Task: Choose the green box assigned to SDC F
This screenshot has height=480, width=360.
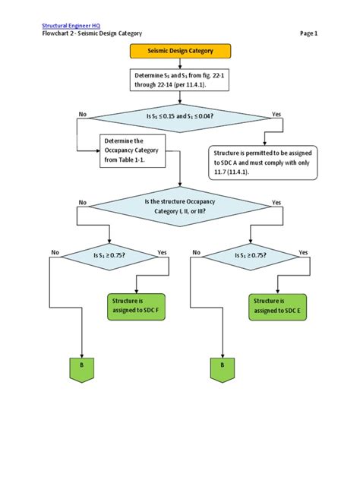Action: point(134,305)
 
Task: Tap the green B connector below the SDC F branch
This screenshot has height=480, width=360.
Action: point(81,367)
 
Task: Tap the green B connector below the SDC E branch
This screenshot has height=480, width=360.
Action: point(223,367)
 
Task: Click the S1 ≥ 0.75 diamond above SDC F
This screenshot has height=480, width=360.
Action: point(110,255)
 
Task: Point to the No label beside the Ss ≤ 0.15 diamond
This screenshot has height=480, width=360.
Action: point(82,115)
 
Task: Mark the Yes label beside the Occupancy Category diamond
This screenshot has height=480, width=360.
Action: point(276,203)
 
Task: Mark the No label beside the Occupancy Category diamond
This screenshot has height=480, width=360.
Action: point(82,203)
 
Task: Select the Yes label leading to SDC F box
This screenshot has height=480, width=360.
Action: point(162,252)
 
